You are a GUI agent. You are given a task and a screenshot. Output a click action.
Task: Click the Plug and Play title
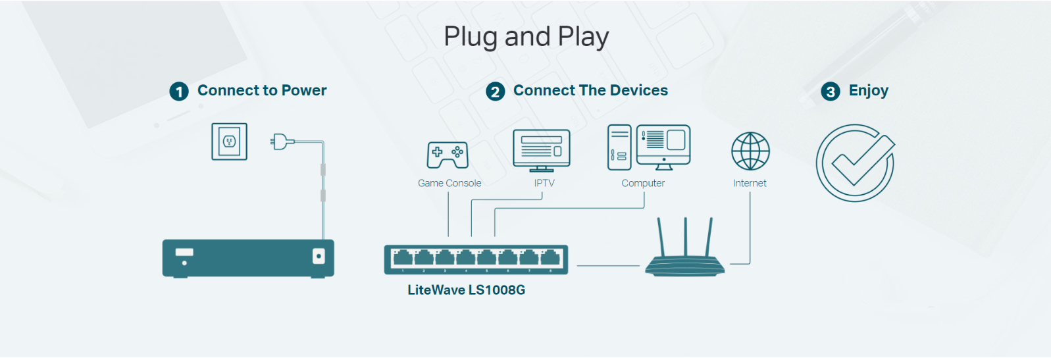pyautogui.click(x=526, y=37)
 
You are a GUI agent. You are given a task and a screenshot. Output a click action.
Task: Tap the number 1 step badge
pyautogui.click(x=179, y=91)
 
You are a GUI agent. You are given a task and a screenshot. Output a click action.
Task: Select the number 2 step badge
pyautogui.click(x=495, y=91)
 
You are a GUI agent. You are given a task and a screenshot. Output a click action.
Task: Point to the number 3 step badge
pyautogui.click(x=831, y=91)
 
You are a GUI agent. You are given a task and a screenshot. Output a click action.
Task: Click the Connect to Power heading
pyautogui.click(x=262, y=90)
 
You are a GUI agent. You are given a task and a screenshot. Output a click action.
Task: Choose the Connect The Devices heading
pyautogui.click(x=590, y=90)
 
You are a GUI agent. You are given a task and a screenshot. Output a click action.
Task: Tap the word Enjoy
pyautogui.click(x=868, y=90)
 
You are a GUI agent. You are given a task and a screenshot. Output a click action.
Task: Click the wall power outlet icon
pyautogui.click(x=229, y=141)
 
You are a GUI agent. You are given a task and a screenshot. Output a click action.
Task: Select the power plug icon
pyautogui.click(x=281, y=141)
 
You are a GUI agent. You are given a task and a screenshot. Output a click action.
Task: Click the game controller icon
pyautogui.click(x=448, y=155)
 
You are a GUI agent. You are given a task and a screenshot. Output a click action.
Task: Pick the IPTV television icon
pyautogui.click(x=542, y=149)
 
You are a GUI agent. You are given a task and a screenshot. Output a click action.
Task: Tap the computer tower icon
pyautogui.click(x=619, y=147)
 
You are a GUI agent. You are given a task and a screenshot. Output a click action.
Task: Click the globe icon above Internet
pyautogui.click(x=750, y=151)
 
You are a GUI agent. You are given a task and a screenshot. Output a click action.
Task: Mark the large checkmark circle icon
pyautogui.click(x=856, y=163)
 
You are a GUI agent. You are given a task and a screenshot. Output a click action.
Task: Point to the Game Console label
pyautogui.click(x=449, y=183)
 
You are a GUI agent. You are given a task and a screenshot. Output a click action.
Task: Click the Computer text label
pyautogui.click(x=643, y=183)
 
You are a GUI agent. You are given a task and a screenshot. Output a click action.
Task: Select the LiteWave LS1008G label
pyautogui.click(x=466, y=290)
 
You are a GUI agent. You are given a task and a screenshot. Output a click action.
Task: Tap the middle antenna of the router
pyautogui.click(x=685, y=237)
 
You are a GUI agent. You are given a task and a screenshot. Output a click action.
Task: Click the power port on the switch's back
pyautogui.click(x=319, y=256)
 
